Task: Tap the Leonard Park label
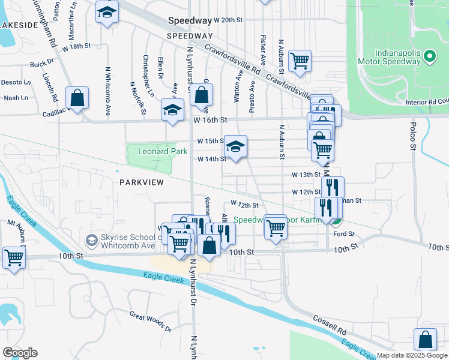(x=163, y=152)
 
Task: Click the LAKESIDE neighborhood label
(x=19, y=25)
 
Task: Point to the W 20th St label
(x=228, y=20)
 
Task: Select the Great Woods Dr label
(x=151, y=322)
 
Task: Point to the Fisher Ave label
(x=263, y=49)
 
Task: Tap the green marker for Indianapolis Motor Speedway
(x=429, y=57)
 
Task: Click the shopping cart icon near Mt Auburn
(x=13, y=257)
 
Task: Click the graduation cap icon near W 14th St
(x=235, y=146)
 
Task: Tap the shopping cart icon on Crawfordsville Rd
(x=300, y=60)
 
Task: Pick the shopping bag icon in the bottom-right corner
(x=425, y=339)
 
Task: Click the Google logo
(x=20, y=353)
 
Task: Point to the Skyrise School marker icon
(x=91, y=241)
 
